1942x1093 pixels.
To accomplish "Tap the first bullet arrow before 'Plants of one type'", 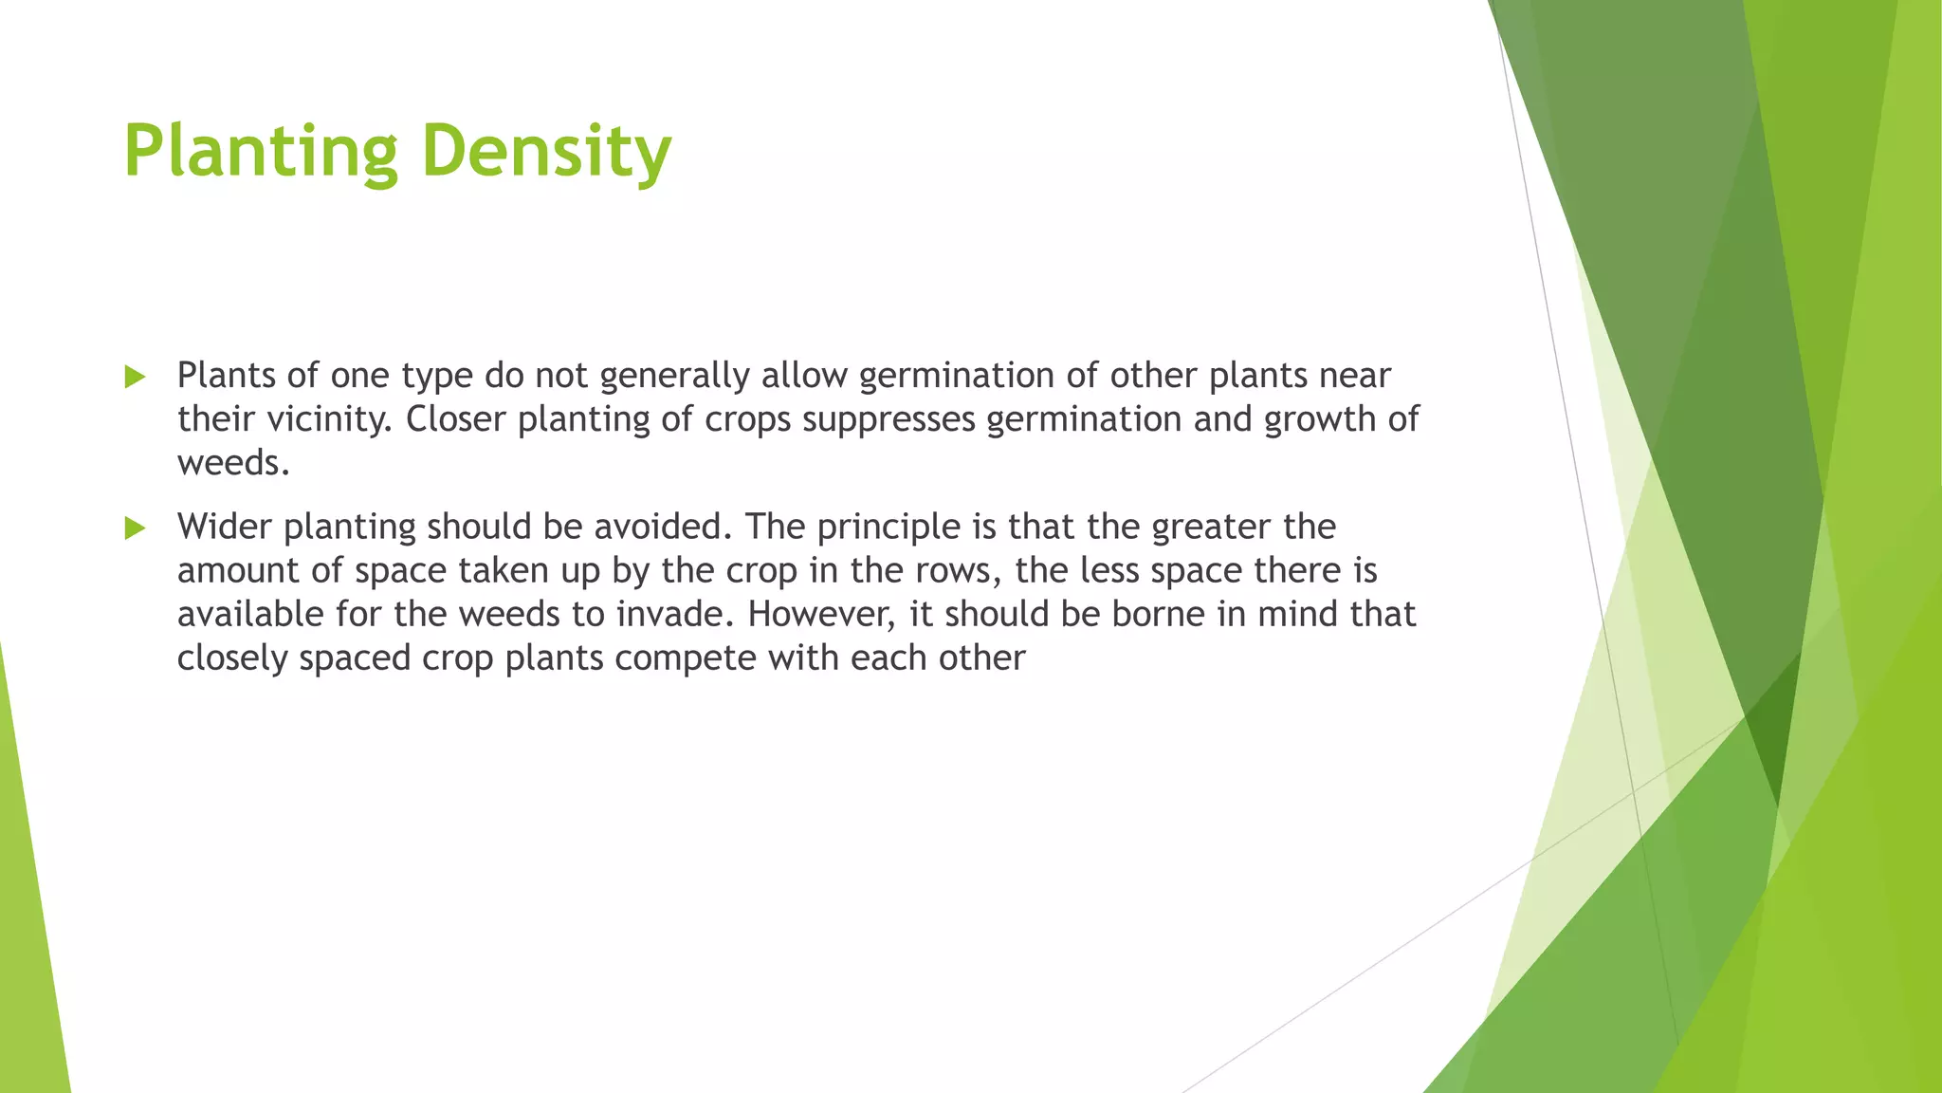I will [135, 378].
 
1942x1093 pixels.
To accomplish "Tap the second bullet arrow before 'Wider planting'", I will [135, 528].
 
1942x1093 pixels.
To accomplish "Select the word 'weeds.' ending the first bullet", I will [233, 463].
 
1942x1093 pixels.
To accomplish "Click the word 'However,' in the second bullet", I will [821, 615].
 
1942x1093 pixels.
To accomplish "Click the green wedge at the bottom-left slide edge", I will [28, 949].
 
